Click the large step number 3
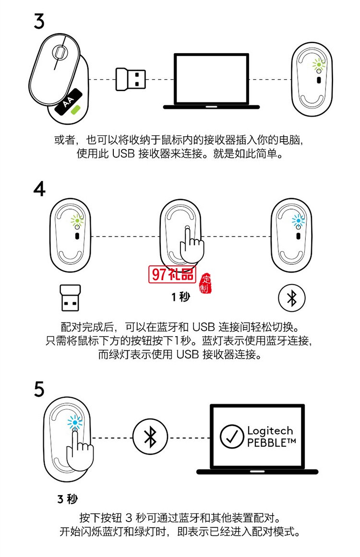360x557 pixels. point(39,22)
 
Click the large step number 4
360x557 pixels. point(39,189)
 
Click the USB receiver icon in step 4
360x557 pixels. point(70,298)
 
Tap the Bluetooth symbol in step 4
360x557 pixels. point(292,298)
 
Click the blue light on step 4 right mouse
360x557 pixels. point(298,220)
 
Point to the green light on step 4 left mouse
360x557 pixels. point(77,220)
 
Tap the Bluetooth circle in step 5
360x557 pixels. point(150,438)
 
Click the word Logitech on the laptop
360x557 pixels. point(270,431)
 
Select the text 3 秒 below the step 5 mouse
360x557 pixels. point(68,499)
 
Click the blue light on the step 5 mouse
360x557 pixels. point(75,422)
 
